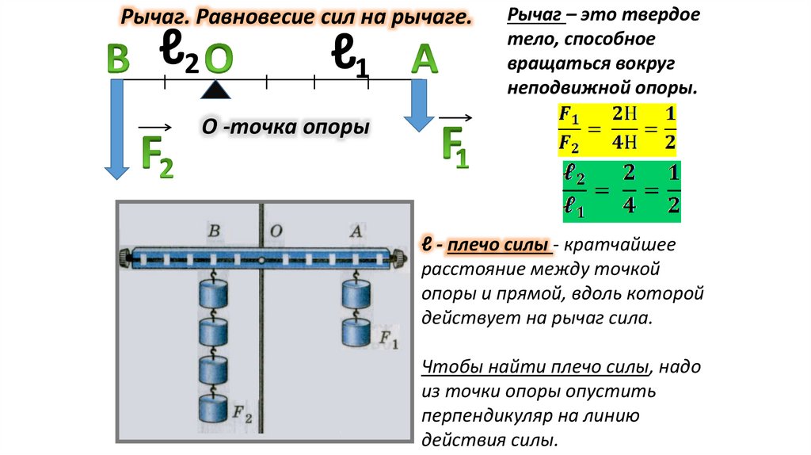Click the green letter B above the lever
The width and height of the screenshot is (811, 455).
[x=118, y=60]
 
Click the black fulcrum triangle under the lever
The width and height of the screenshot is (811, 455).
[x=215, y=90]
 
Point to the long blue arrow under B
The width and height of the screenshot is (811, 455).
[x=117, y=127]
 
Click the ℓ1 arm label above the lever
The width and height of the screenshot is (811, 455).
[x=349, y=58]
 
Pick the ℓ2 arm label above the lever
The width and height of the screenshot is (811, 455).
[x=179, y=53]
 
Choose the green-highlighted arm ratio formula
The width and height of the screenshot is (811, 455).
[x=622, y=193]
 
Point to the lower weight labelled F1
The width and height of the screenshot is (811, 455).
[x=356, y=332]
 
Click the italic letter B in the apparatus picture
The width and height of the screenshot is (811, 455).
[x=213, y=231]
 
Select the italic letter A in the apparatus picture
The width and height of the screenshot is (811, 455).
[x=356, y=231]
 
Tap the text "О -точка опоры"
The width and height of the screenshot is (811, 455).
[x=287, y=127]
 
